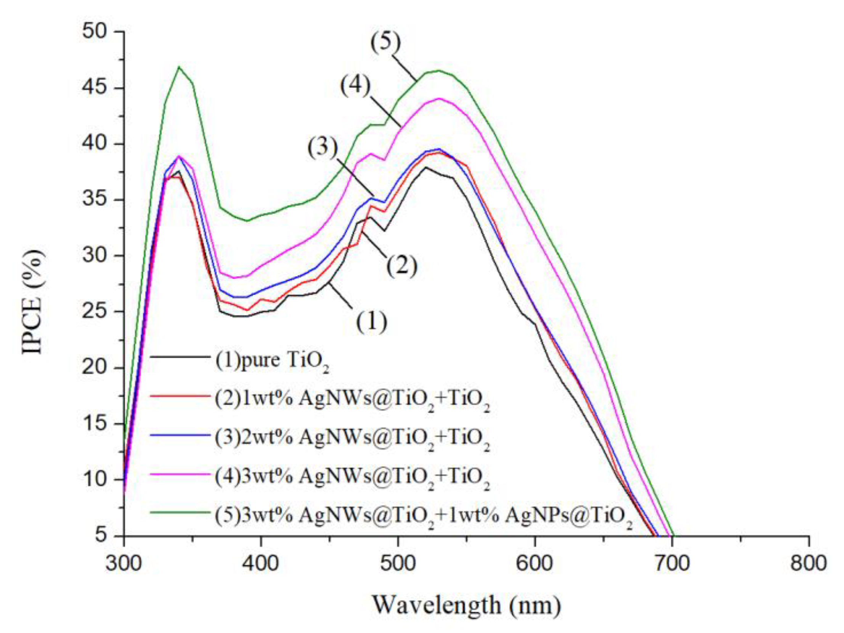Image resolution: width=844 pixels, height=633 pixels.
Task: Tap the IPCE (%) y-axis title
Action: (x=33, y=301)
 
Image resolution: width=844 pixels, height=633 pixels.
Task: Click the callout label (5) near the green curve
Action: (x=386, y=42)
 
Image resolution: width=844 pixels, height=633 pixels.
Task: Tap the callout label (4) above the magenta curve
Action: (x=356, y=86)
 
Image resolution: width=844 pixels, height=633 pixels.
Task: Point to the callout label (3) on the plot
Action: (x=323, y=147)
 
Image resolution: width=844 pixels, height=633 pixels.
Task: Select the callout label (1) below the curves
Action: (x=371, y=322)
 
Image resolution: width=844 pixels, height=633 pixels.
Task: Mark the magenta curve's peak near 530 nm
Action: (x=439, y=98)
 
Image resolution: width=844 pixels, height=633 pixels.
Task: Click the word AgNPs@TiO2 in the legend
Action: (x=568, y=516)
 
